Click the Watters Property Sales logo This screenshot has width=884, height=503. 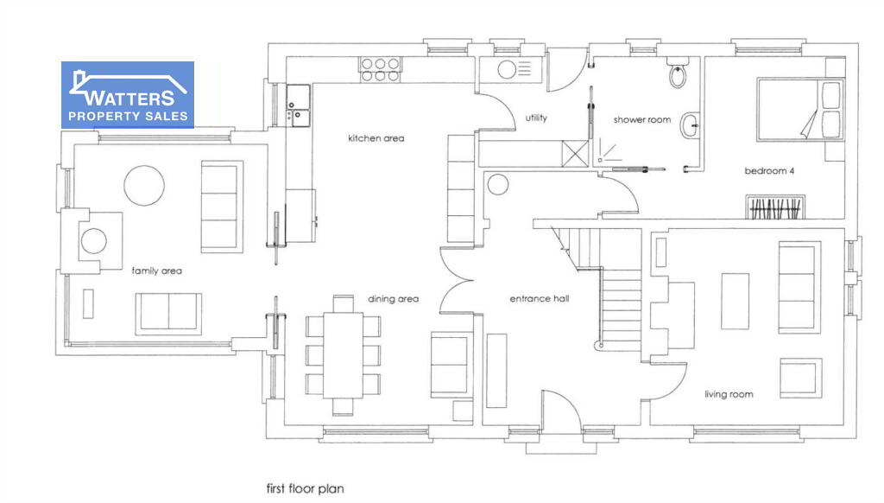pyautogui.click(x=128, y=95)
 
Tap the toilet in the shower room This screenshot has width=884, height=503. pyautogui.click(x=678, y=72)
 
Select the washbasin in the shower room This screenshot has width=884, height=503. pyautogui.click(x=690, y=125)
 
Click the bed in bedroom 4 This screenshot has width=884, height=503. pyautogui.click(x=800, y=110)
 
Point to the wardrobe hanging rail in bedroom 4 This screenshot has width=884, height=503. pyautogui.click(x=775, y=207)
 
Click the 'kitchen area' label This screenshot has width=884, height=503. pyautogui.click(x=376, y=138)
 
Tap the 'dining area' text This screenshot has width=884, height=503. pyautogui.click(x=393, y=299)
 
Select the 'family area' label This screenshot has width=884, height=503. pyautogui.click(x=157, y=271)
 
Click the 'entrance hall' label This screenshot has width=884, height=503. pyautogui.click(x=540, y=299)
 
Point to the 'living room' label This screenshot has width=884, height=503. pyautogui.click(x=729, y=394)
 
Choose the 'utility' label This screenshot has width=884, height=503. pyautogui.click(x=536, y=118)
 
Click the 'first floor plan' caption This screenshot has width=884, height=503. pyautogui.click(x=305, y=488)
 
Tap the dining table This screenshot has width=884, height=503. pyautogui.click(x=343, y=355)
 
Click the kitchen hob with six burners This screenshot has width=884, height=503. pyautogui.click(x=380, y=69)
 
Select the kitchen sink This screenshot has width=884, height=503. pyautogui.click(x=298, y=105)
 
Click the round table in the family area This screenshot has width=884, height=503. pyautogui.click(x=144, y=185)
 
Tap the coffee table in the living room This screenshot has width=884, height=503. pyautogui.click(x=736, y=301)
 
